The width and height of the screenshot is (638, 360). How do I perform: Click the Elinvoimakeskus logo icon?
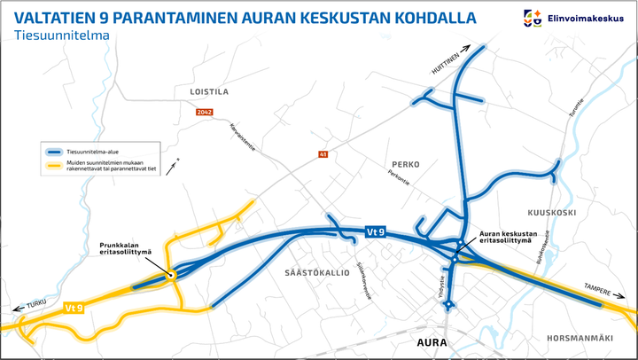tap(533, 17)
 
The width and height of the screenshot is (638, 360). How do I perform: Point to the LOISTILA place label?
tap(209, 91)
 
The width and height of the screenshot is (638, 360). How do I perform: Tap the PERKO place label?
tap(404, 164)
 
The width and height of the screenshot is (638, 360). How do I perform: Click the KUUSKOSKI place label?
tap(552, 214)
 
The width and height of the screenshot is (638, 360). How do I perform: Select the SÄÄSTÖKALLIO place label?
tap(315, 272)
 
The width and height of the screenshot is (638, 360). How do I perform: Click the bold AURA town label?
tap(435, 342)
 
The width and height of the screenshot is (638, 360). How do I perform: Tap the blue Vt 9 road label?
tap(376, 232)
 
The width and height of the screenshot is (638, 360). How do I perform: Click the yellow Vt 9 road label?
tap(74, 308)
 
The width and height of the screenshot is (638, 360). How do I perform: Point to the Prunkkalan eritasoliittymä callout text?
tap(124, 248)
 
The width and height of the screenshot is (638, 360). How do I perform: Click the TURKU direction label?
tap(37, 303)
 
